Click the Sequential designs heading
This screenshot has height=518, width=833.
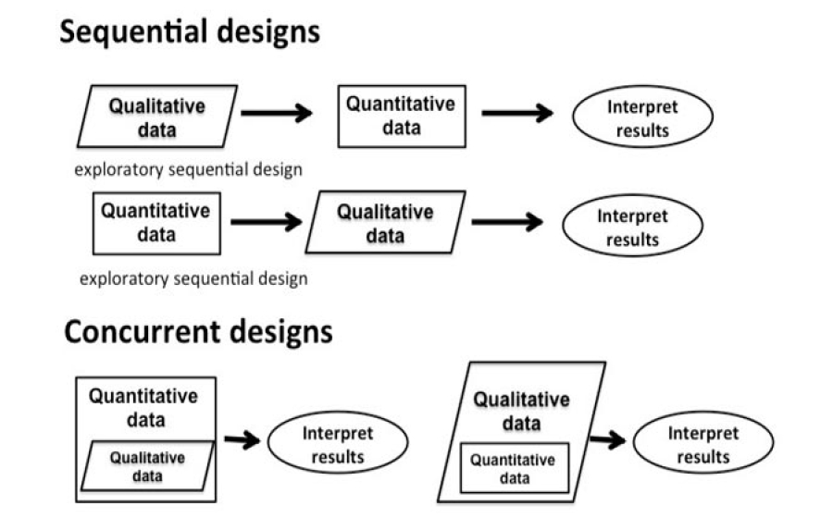[190, 32]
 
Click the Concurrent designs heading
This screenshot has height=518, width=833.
[198, 331]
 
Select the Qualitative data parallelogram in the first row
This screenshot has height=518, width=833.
[156, 117]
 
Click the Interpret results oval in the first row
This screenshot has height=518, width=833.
[642, 118]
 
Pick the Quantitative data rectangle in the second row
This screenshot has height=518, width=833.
[156, 223]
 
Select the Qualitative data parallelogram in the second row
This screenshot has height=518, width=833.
[385, 223]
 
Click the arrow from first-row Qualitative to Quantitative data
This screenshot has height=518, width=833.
[276, 113]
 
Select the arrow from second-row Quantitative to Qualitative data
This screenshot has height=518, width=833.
[266, 222]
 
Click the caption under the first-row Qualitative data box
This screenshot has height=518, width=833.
[189, 170]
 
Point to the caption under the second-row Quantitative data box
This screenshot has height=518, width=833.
[193, 277]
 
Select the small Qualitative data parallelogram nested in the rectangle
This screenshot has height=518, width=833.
[147, 466]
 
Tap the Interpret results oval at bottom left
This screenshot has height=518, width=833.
[338, 444]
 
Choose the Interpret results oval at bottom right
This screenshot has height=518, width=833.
[703, 444]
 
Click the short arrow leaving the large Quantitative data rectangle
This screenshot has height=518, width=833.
[242, 439]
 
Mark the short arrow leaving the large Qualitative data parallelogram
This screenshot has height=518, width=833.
[607, 439]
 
